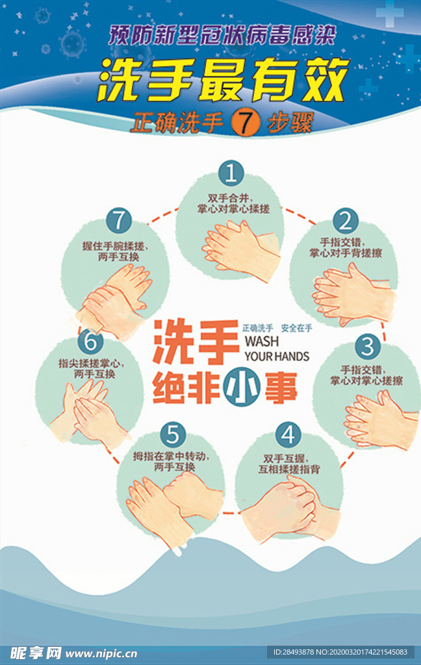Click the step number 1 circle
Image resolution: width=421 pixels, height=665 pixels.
tap(230, 173)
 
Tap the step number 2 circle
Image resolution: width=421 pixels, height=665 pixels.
tap(346, 221)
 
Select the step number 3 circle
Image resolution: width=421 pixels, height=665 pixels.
tap(367, 345)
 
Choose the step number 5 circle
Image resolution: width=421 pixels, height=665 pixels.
tap(172, 433)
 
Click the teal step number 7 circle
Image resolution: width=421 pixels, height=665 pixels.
tap(118, 221)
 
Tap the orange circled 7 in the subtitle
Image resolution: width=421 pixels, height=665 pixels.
tap(244, 123)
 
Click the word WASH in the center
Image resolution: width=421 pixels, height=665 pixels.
tap(262, 342)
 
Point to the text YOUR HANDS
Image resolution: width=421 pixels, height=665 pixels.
tap(277, 357)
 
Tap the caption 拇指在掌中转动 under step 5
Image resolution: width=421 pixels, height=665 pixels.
tap(171, 456)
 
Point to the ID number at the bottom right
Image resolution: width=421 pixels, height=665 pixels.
tap(340, 652)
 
